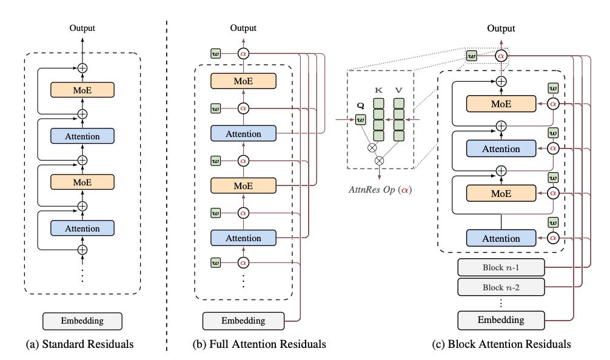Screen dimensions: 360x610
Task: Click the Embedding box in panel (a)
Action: [82, 321]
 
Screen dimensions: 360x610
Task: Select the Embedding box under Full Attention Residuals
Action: [243, 321]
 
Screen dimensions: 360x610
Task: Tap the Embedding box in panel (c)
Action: [500, 319]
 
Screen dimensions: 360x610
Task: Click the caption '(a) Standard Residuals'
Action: [82, 344]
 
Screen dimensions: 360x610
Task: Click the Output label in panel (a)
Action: [82, 27]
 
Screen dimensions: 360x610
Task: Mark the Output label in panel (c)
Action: [501, 28]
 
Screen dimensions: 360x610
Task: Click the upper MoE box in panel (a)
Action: [82, 90]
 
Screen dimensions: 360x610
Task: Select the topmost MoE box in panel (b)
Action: [243, 81]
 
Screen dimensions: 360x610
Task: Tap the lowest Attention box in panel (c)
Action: [500, 238]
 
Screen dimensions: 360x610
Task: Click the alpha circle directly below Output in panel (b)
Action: [243, 54]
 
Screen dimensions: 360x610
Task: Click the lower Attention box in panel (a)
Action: [82, 228]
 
